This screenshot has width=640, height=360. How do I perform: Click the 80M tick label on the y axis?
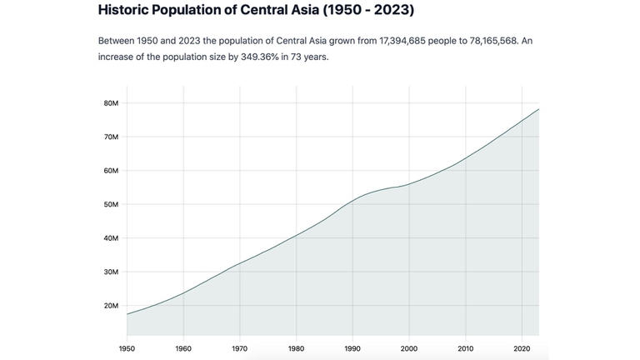112,103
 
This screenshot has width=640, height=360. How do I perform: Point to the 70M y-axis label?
112,137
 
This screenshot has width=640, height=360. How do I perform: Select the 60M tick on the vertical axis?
112,171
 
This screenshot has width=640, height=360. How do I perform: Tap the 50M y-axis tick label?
112,204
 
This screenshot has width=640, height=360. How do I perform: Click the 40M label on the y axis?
112,238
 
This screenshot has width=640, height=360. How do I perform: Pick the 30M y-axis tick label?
112,272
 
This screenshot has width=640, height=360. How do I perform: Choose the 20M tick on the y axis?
112,306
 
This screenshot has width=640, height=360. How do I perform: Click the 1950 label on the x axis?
127,347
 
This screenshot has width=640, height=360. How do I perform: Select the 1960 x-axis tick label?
183,347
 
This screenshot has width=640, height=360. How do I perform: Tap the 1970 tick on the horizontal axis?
240,347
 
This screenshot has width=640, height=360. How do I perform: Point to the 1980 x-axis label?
296,347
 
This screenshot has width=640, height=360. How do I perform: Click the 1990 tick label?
352,347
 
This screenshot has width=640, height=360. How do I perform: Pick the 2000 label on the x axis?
409,347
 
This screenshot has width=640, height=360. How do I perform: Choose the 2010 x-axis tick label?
465,347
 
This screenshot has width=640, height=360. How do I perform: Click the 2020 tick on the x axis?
522,347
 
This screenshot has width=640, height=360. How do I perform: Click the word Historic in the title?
126,12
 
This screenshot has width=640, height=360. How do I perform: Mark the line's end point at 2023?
538,109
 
